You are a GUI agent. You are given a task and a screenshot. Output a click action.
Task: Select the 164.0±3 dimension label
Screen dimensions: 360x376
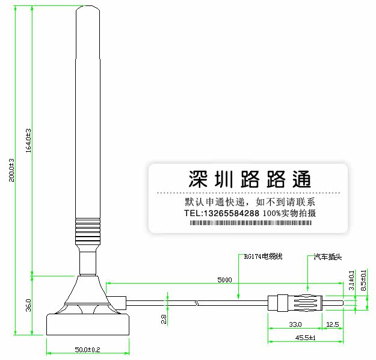pos(28,140)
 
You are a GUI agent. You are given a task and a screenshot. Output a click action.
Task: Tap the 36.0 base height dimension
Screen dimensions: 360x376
pos(28,305)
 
